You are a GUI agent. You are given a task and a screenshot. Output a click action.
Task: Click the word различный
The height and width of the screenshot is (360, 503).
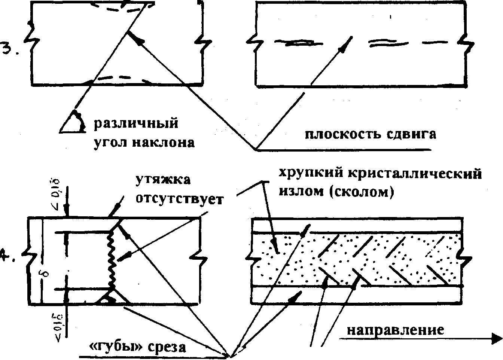135,124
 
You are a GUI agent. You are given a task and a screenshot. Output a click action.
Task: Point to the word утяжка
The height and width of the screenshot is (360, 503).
163,180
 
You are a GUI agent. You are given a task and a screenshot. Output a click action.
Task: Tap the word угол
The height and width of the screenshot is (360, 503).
109,143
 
